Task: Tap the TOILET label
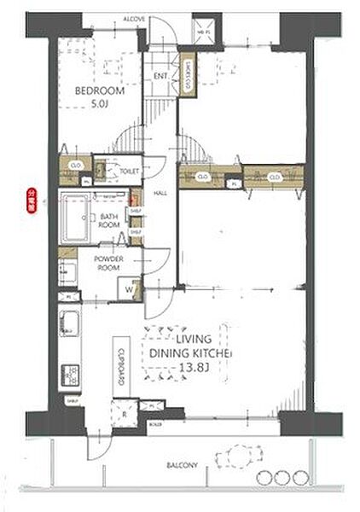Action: [129, 172]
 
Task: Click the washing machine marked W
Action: [128, 289]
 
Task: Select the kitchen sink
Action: [68, 325]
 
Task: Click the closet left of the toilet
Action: [75, 166]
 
